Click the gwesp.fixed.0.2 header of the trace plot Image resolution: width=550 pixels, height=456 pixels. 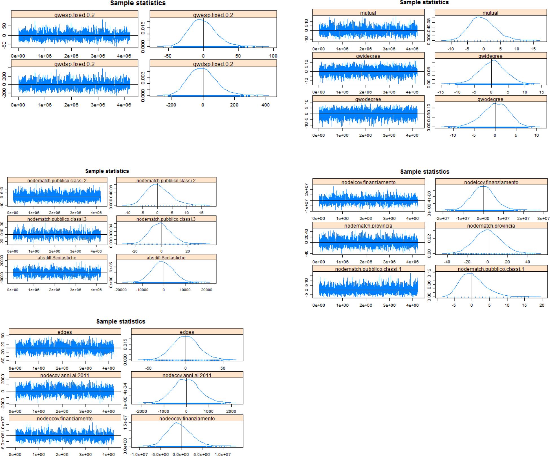(74, 15)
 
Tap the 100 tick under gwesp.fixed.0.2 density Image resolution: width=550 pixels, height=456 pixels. (273, 56)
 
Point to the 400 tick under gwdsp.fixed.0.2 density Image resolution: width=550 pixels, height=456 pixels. (265, 105)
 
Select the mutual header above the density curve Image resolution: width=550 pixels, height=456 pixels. (490, 13)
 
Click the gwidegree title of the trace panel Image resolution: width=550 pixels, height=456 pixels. (368, 56)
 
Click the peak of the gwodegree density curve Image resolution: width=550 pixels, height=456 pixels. (495, 103)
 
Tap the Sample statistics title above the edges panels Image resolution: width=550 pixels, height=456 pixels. (121, 321)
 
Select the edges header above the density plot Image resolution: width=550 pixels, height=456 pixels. (187, 332)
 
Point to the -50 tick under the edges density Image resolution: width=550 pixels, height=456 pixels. (148, 368)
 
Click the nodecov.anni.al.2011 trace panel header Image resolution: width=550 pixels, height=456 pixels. (65, 375)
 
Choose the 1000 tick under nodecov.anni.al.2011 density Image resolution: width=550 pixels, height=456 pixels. (209, 411)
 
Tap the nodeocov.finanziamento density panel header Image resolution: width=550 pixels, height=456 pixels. (187, 418)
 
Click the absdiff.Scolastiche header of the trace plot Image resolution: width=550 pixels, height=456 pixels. (57, 258)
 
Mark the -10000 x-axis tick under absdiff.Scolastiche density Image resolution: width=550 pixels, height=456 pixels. (142, 290)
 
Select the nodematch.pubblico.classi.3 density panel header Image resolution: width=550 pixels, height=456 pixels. (166, 219)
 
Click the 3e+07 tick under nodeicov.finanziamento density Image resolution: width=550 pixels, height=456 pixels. (543, 218)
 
